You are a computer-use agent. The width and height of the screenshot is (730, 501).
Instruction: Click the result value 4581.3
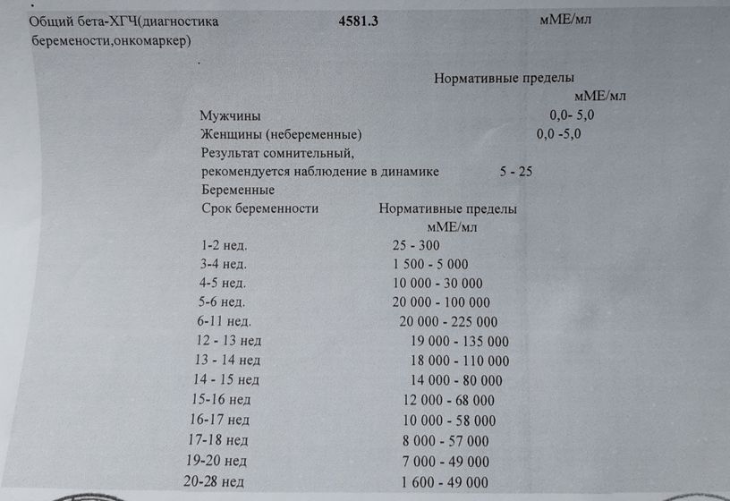tap(359, 21)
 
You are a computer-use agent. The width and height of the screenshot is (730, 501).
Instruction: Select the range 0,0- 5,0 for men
tap(572, 115)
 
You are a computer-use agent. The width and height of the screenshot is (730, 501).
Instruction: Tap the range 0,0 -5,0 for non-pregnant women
tap(558, 134)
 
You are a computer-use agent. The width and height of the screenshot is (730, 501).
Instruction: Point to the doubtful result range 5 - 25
tap(516, 172)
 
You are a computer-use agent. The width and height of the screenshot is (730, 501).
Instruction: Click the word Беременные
tap(238, 191)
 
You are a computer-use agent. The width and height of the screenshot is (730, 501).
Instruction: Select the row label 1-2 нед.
tap(224, 245)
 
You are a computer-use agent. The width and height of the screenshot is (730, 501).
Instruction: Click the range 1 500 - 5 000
tap(429, 264)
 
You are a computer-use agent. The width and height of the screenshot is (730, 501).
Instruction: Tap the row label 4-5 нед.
tap(223, 284)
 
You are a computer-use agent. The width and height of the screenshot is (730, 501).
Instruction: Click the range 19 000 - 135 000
tap(460, 342)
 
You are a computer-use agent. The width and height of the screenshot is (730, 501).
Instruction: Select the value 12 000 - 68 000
tap(448, 400)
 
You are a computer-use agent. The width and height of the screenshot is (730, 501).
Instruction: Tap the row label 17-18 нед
tap(218, 440)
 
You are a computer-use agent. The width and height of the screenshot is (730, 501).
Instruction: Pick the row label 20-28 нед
tap(213, 481)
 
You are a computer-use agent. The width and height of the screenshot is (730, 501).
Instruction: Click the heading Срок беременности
tap(260, 208)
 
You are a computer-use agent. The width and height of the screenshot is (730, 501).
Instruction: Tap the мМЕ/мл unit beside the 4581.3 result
tap(565, 19)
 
